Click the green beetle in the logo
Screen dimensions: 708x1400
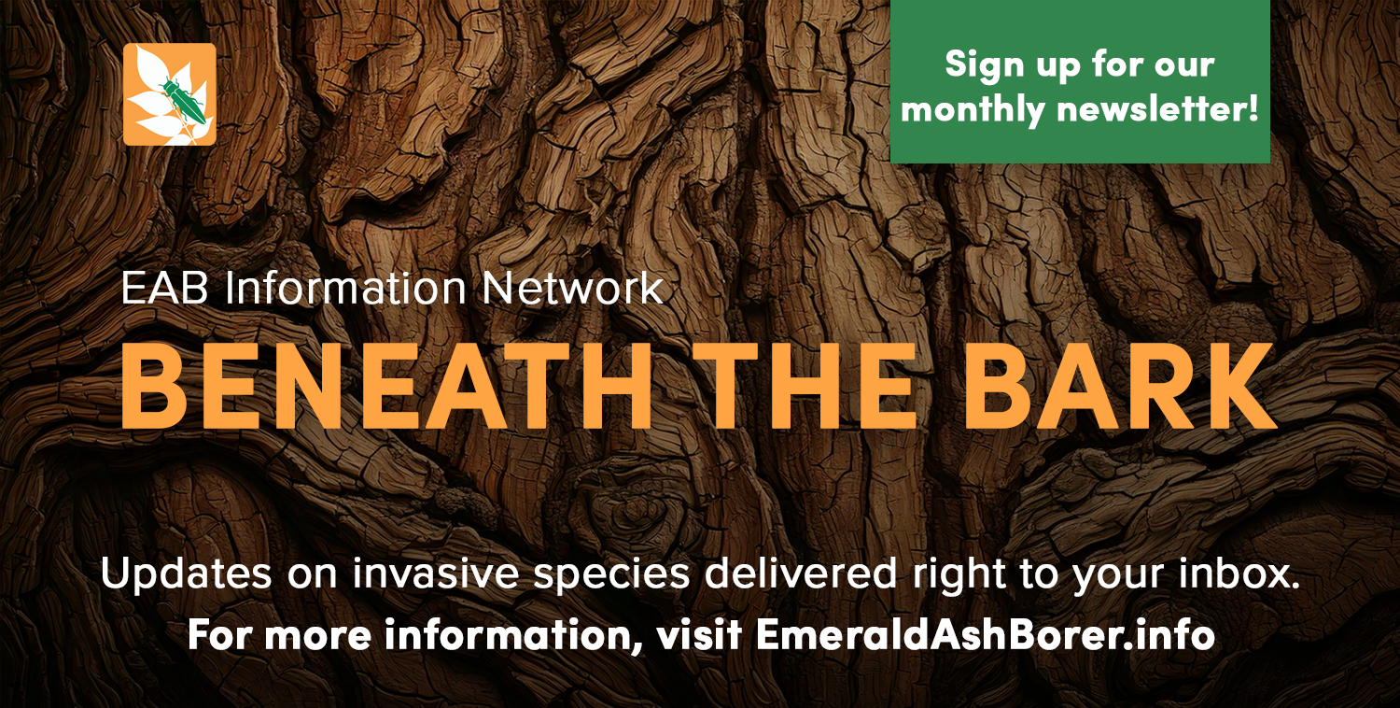[x=181, y=97]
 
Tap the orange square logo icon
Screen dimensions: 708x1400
[x=170, y=94]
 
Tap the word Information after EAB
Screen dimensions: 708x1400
[x=346, y=290]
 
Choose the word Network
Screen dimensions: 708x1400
[x=572, y=290]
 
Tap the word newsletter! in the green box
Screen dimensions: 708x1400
[x=1157, y=110]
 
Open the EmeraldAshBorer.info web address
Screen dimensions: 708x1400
[x=986, y=635]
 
